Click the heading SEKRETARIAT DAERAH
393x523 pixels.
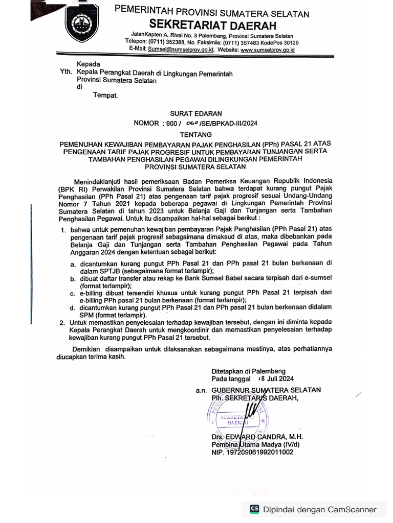[212, 25]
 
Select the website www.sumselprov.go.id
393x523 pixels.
[267, 50]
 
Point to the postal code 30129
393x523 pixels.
[289, 43]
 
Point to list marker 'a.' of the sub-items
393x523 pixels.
[73, 264]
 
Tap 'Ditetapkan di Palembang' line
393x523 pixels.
[249, 371]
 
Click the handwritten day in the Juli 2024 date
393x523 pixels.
[261, 379]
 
